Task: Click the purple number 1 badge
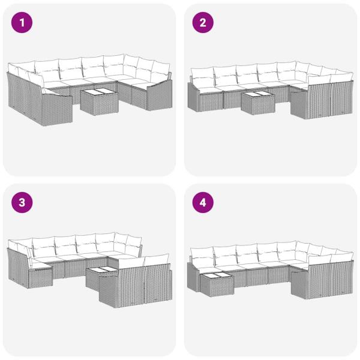[22, 23]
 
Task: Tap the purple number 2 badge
[203, 23]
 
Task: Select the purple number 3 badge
[22, 203]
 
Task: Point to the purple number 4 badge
[203, 203]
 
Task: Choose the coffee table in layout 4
[214, 283]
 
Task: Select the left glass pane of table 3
[96, 271]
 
